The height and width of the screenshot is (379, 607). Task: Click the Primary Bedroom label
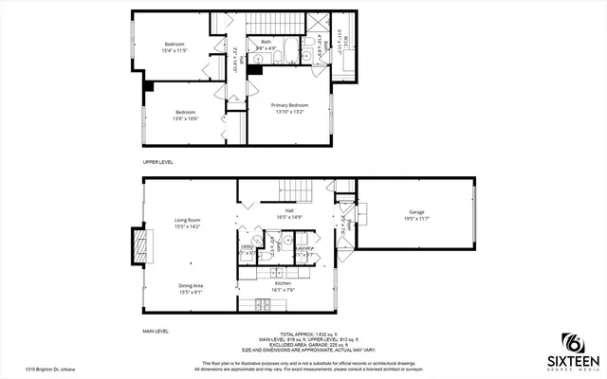click(289, 104)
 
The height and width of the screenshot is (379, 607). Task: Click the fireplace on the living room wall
click(141, 246)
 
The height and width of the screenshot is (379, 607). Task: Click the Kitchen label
click(283, 283)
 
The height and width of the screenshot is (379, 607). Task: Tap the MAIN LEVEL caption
click(155, 331)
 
